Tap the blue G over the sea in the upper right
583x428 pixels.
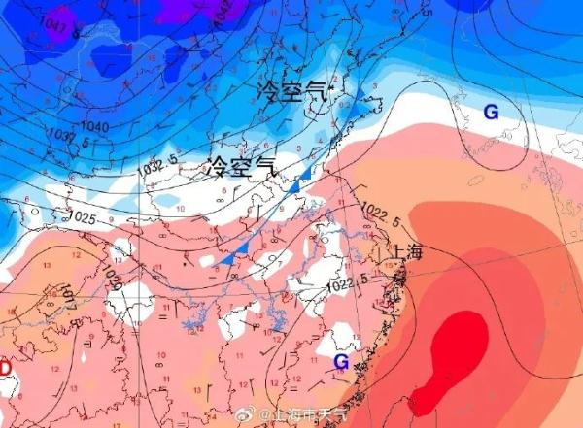[491, 113]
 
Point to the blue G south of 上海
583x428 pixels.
[341, 362]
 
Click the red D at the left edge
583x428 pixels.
[5, 369]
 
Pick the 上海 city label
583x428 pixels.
[407, 252]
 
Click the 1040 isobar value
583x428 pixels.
[94, 127]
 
